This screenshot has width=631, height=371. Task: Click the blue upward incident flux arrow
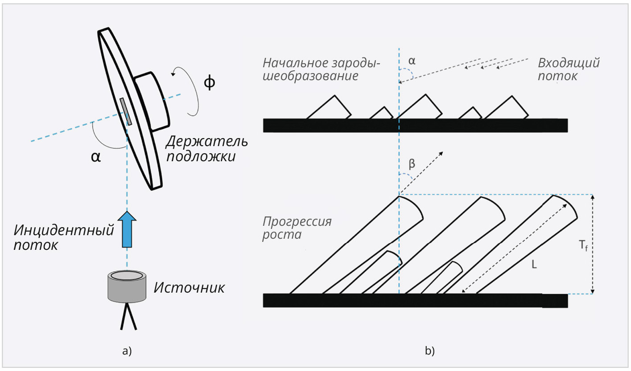point(127,229)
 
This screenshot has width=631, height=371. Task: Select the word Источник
point(189,288)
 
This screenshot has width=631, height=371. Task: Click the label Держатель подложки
point(206,149)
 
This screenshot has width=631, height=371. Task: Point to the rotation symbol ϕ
point(209,83)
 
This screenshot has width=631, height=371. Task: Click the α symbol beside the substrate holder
point(95,157)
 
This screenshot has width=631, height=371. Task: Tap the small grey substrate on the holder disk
point(125,111)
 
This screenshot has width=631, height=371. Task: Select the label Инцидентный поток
point(63,237)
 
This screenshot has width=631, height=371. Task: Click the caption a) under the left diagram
point(127,351)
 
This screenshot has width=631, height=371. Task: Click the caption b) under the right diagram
point(429,351)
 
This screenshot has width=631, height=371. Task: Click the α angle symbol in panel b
point(412,61)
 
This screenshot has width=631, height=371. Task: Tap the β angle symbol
point(412,164)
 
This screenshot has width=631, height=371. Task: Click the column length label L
point(534,265)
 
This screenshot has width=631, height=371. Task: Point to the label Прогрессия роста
point(297,228)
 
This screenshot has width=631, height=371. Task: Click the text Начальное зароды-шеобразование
point(321,69)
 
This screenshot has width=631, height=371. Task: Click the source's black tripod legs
point(128,317)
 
